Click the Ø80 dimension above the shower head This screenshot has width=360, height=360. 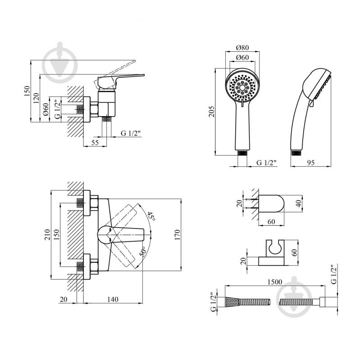click(x=242, y=47)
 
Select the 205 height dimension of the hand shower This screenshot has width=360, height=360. click(x=211, y=112)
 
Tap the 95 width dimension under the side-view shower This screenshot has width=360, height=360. click(x=310, y=163)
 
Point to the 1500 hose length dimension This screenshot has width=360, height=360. click(x=274, y=282)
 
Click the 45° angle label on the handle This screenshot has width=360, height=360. click(x=151, y=216)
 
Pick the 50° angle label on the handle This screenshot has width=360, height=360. click(x=143, y=252)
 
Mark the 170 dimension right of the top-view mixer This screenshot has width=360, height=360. click(x=177, y=235)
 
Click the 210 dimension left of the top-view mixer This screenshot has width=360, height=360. click(x=47, y=235)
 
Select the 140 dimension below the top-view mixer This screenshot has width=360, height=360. click(x=113, y=299)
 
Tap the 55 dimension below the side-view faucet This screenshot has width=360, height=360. click(x=95, y=142)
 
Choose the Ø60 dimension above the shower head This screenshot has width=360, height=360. click(x=242, y=57)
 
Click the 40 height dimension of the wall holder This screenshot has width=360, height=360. click(x=299, y=203)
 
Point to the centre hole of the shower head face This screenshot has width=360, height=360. click(x=242, y=87)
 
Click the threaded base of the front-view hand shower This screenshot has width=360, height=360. click(x=242, y=153)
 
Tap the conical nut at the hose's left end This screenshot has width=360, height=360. click(x=232, y=301)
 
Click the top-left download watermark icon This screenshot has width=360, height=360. click(x=60, y=63)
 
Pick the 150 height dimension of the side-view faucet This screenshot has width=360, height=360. click(x=27, y=91)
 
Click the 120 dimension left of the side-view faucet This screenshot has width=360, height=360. click(x=36, y=98)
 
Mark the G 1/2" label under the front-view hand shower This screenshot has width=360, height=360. click(x=266, y=163)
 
